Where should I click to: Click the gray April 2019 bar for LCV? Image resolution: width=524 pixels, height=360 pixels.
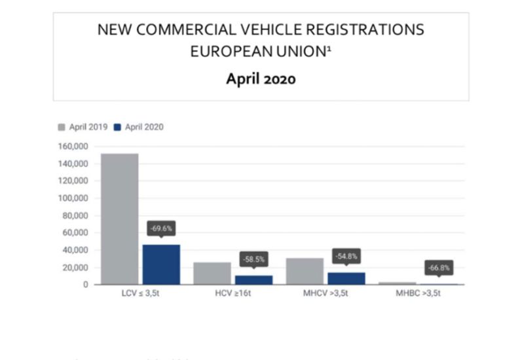(119, 219)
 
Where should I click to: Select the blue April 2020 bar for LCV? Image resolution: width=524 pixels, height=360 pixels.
(160, 264)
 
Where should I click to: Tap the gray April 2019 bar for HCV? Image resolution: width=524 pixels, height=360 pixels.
(212, 273)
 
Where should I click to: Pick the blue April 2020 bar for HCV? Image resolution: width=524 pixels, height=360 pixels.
(253, 279)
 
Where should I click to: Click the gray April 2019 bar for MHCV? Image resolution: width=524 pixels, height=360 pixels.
(305, 271)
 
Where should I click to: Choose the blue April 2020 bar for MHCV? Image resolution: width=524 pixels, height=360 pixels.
(346, 278)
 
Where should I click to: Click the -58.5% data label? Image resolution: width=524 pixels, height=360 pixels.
(253, 259)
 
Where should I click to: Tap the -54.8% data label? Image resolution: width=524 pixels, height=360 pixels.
(346, 256)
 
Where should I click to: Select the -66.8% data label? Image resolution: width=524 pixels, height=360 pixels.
(439, 268)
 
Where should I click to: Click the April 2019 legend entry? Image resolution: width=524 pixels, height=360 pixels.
(83, 127)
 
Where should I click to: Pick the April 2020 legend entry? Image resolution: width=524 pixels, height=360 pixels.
(138, 127)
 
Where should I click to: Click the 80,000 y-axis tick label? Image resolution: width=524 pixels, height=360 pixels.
(75, 215)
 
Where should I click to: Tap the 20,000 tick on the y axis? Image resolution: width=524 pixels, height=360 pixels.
(75, 267)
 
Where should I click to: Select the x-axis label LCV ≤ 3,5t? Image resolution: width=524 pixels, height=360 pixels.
(140, 293)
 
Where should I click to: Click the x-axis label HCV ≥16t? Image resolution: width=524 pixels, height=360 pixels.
(233, 293)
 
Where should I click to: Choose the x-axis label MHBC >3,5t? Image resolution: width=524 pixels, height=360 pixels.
(418, 293)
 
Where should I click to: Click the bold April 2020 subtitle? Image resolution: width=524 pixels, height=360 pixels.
(261, 79)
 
